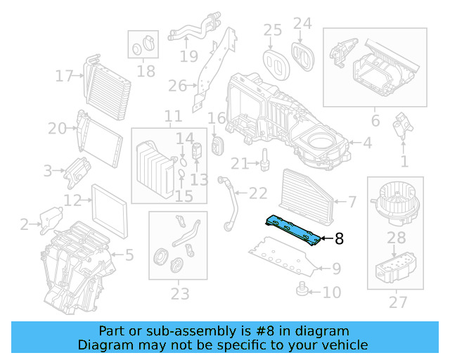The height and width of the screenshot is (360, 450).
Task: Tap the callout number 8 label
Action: [x=339, y=239]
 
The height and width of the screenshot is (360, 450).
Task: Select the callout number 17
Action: [x=65, y=76]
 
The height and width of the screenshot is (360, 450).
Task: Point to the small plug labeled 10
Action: [x=301, y=289]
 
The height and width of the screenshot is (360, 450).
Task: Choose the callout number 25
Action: [x=272, y=30]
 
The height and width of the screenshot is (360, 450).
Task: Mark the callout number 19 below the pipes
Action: [x=188, y=56]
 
